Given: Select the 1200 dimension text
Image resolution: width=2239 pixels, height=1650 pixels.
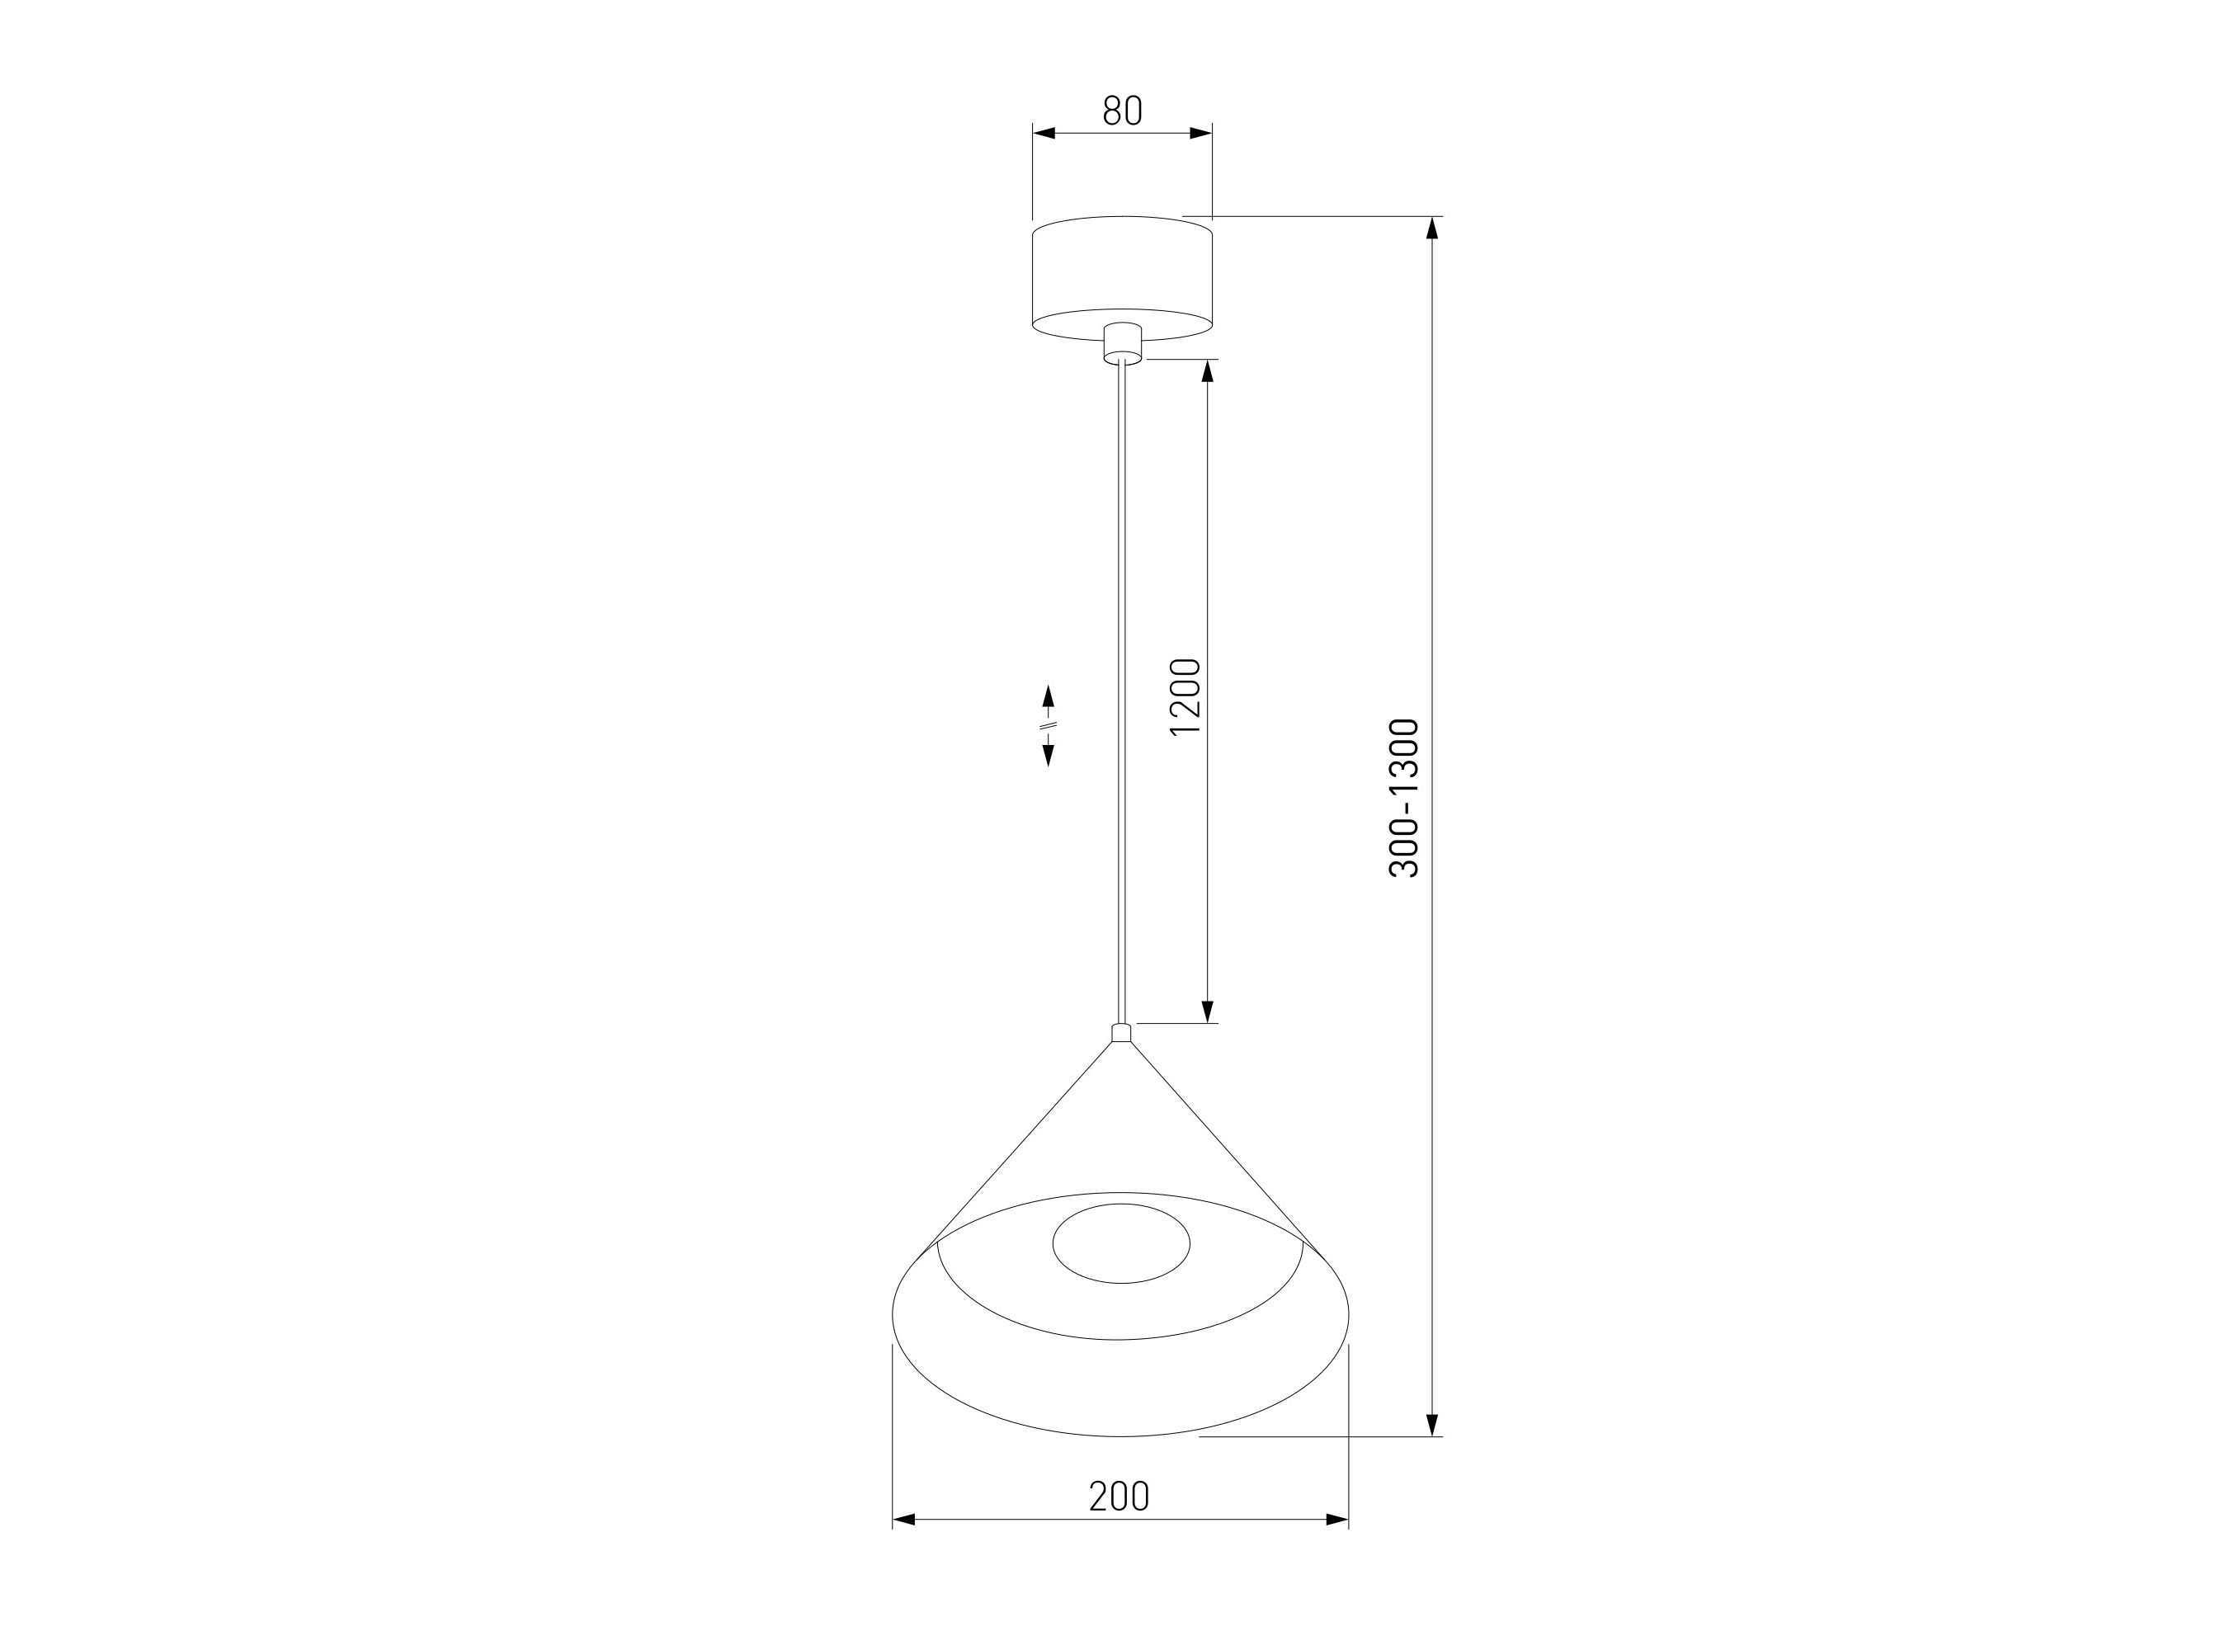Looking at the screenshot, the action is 1185,697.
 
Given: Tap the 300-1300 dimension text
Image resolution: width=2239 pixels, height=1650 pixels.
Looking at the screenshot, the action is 1403,797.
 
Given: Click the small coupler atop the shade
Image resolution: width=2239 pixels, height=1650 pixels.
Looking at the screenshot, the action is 1121,1033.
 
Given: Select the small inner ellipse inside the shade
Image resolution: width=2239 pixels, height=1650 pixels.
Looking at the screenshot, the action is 1121,1243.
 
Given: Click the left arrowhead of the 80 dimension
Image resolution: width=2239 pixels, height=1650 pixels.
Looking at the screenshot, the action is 1044,133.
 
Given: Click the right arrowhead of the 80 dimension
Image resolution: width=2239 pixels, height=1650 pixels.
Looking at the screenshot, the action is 1200,133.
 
